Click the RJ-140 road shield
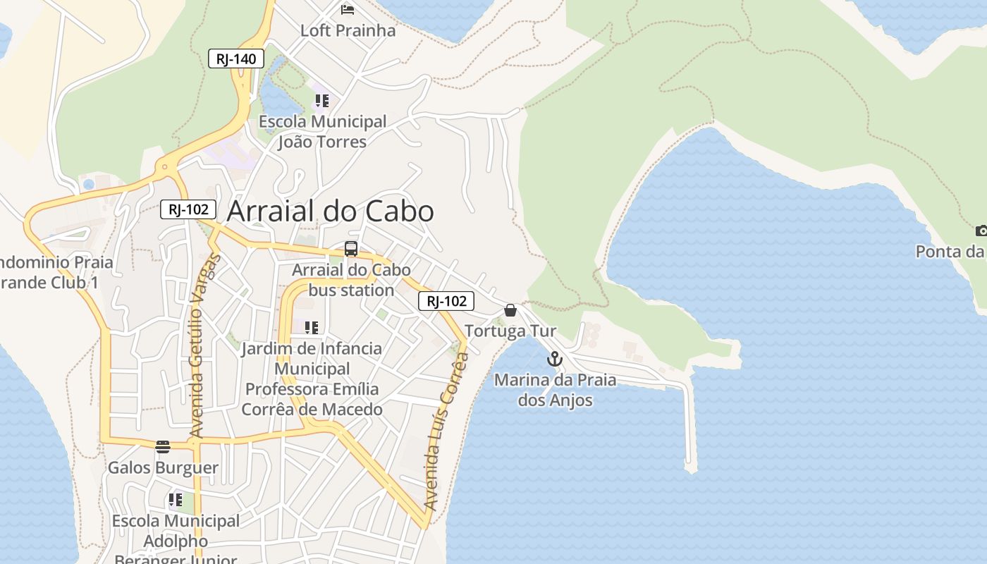pos(236,59)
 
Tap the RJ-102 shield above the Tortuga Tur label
pos(446,301)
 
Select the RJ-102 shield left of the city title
pos(188,209)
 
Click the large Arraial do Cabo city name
pos(331,211)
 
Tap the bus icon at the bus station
pos(351,249)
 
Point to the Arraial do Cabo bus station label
pos(351,280)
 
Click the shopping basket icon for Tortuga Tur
pos(510,310)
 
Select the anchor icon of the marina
pos(555,360)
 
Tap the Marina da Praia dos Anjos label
pos(555,390)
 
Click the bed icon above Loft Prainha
pos(348,9)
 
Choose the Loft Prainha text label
pos(348,30)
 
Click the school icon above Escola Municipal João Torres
pos(322,100)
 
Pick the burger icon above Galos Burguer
pos(163,446)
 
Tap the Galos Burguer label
pos(163,467)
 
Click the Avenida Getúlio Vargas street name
pos(201,345)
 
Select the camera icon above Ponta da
pos(981,231)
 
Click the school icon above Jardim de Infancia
pos(312,327)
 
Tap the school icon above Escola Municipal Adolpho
pos(176,501)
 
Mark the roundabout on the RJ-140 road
pos(165,167)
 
